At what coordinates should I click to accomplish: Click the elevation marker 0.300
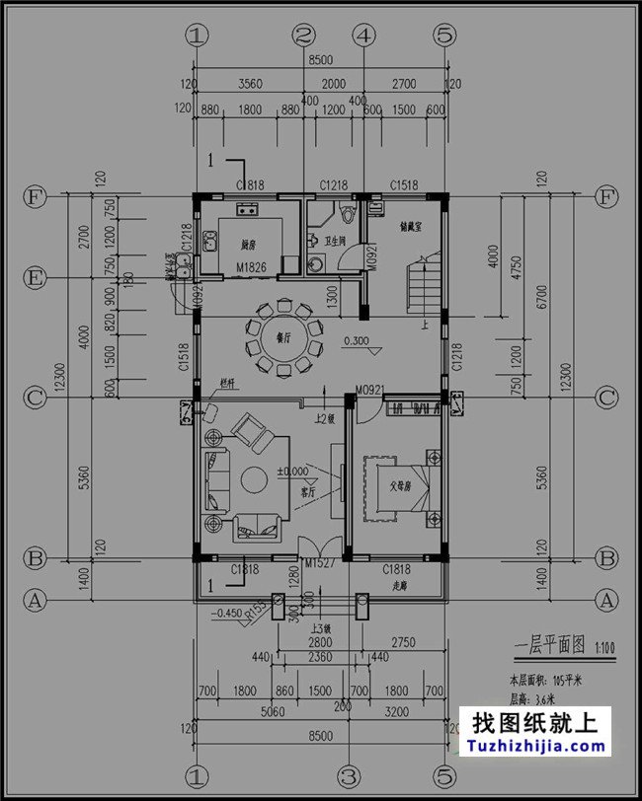(358, 341)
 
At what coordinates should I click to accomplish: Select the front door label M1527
(322, 562)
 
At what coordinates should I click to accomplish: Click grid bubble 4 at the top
(365, 36)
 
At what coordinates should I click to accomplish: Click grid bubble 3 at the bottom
(347, 774)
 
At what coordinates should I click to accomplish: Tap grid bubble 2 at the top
(304, 36)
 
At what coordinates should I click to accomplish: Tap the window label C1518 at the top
(405, 184)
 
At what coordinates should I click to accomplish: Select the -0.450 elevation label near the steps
(227, 611)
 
